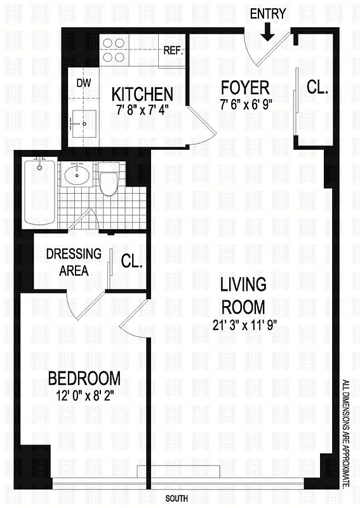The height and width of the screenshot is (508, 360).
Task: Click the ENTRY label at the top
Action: tap(268, 13)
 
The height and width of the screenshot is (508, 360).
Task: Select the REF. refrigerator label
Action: tap(173, 51)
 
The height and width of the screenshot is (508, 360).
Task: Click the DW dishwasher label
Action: tap(84, 83)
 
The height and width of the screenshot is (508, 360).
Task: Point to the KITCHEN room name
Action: tap(142, 94)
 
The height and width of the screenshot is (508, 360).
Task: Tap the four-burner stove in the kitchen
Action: tap(113, 50)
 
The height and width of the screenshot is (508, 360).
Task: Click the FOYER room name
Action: tap(244, 87)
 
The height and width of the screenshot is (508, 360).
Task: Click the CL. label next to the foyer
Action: tap(317, 88)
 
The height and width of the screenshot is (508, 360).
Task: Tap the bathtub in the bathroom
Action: tap(39, 193)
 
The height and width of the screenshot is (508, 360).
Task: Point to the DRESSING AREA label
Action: tap(74, 262)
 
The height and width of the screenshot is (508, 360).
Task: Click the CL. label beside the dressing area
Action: tap(131, 261)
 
